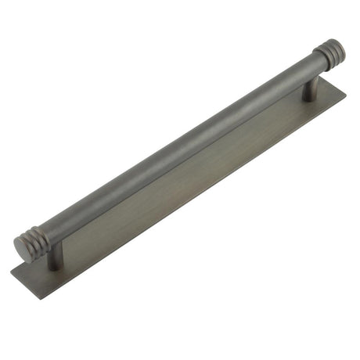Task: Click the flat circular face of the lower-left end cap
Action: [23, 248]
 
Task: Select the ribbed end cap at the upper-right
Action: [329, 55]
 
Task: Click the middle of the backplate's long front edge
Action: [203, 203]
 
